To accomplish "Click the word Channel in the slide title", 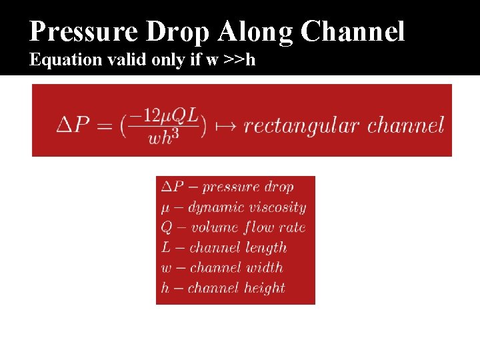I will click(x=353, y=31).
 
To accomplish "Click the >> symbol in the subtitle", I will click(x=234, y=60).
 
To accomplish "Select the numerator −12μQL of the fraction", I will click(x=163, y=115).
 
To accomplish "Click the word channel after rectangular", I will click(x=405, y=125).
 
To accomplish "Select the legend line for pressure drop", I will click(x=227, y=187).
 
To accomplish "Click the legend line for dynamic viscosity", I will click(x=233, y=207).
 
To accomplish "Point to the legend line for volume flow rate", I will click(x=233, y=227).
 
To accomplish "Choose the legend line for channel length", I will click(x=223, y=248).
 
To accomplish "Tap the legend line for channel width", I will click(x=222, y=268).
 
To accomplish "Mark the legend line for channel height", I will click(x=223, y=288).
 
